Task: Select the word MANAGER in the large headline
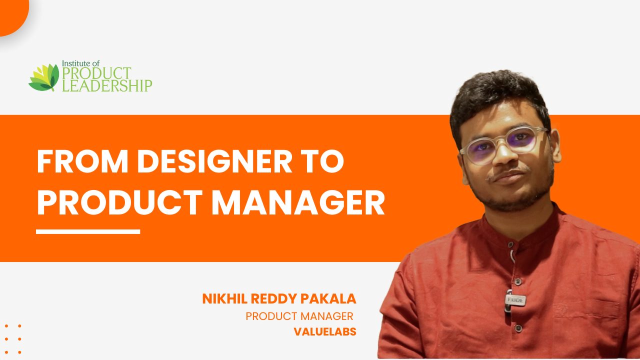pyautogui.click(x=298, y=202)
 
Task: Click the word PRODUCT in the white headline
pyautogui.click(x=119, y=202)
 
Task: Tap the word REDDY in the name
pyautogui.click(x=273, y=299)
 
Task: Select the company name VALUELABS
pyautogui.click(x=325, y=331)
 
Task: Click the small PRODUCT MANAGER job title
pyautogui.click(x=299, y=316)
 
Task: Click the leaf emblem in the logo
pyautogui.click(x=44, y=77)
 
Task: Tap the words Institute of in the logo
pyautogui.click(x=81, y=63)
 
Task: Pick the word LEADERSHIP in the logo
pyautogui.click(x=107, y=85)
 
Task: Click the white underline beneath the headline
pyautogui.click(x=88, y=231)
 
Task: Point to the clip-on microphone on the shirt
pyautogui.click(x=514, y=300)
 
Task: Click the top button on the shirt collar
pyautogui.click(x=510, y=244)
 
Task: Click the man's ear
pyautogui.click(x=555, y=145)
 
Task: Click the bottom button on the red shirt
pyautogui.click(x=519, y=328)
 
